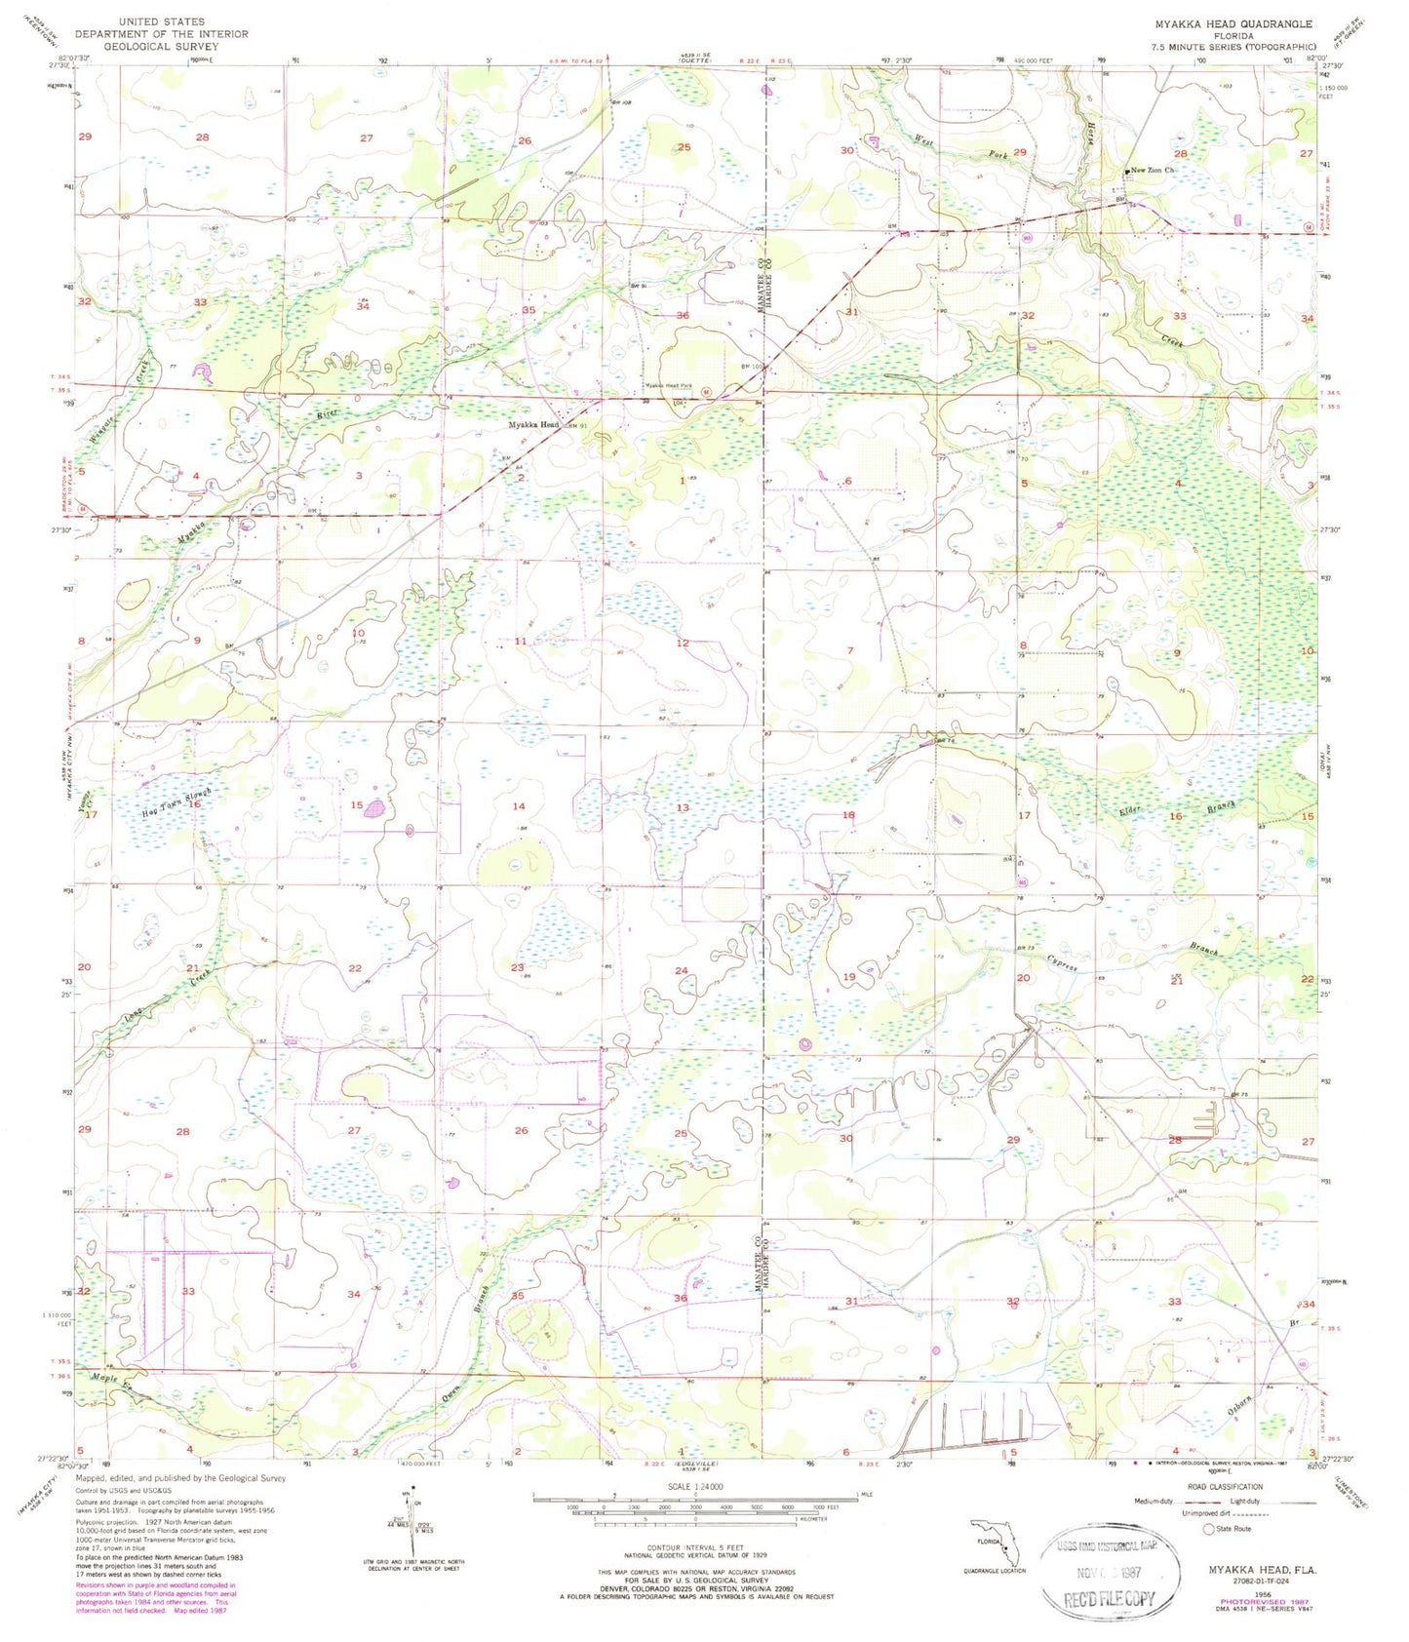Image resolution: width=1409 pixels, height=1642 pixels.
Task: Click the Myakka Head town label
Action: (x=533, y=425)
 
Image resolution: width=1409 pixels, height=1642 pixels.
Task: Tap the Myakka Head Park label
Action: (x=669, y=387)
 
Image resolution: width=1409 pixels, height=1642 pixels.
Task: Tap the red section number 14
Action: (x=519, y=806)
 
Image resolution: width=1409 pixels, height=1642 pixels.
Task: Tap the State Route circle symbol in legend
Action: (x=1209, y=1529)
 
